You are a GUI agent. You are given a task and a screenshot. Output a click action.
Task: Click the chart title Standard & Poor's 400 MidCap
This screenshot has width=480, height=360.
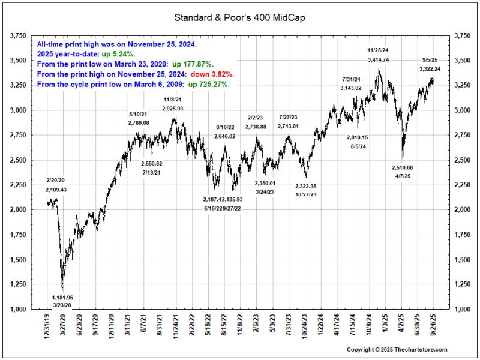[239, 18]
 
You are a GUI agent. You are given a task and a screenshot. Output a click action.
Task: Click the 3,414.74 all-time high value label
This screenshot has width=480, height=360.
[379, 60]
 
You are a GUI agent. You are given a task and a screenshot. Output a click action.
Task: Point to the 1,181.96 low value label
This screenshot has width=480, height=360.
[62, 298]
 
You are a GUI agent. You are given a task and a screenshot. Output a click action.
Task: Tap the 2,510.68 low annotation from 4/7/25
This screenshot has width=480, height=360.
[405, 167]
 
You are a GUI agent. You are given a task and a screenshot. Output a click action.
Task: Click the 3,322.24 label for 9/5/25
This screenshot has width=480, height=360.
[431, 69]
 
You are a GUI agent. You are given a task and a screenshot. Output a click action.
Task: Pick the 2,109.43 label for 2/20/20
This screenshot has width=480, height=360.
[56, 190]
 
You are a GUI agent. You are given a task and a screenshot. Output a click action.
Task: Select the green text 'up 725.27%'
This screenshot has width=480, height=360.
[210, 85]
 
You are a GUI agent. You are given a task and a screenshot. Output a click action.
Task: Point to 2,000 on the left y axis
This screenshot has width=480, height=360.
[20, 210]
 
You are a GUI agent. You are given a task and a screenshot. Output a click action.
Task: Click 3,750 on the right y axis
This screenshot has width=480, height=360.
[463, 36]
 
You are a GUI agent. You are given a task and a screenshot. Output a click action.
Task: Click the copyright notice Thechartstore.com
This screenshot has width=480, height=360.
[397, 349]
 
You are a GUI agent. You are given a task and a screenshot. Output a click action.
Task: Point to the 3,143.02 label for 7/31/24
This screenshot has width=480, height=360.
[351, 88]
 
